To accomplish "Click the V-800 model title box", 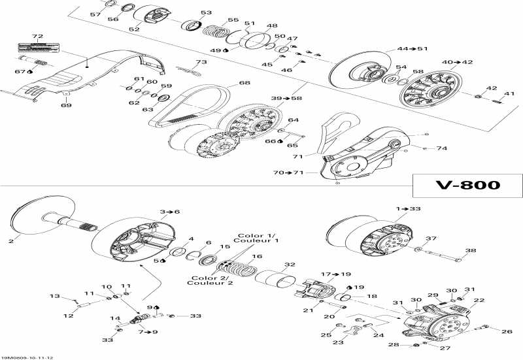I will click(467, 185).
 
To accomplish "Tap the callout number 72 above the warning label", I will click(37, 37).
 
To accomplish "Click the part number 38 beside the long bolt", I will click(470, 250).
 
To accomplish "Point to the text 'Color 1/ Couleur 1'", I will click(258, 238).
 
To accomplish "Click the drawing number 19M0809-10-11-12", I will click(27, 356).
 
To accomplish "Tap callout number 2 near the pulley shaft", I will click(10, 241).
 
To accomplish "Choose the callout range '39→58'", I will click(286, 98).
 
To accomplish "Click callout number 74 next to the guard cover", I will click(442, 148).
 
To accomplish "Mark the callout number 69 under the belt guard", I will click(66, 105).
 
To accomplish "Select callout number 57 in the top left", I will click(95, 14).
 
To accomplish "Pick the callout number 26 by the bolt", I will click(507, 331).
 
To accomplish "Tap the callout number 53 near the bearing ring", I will click(206, 13).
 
